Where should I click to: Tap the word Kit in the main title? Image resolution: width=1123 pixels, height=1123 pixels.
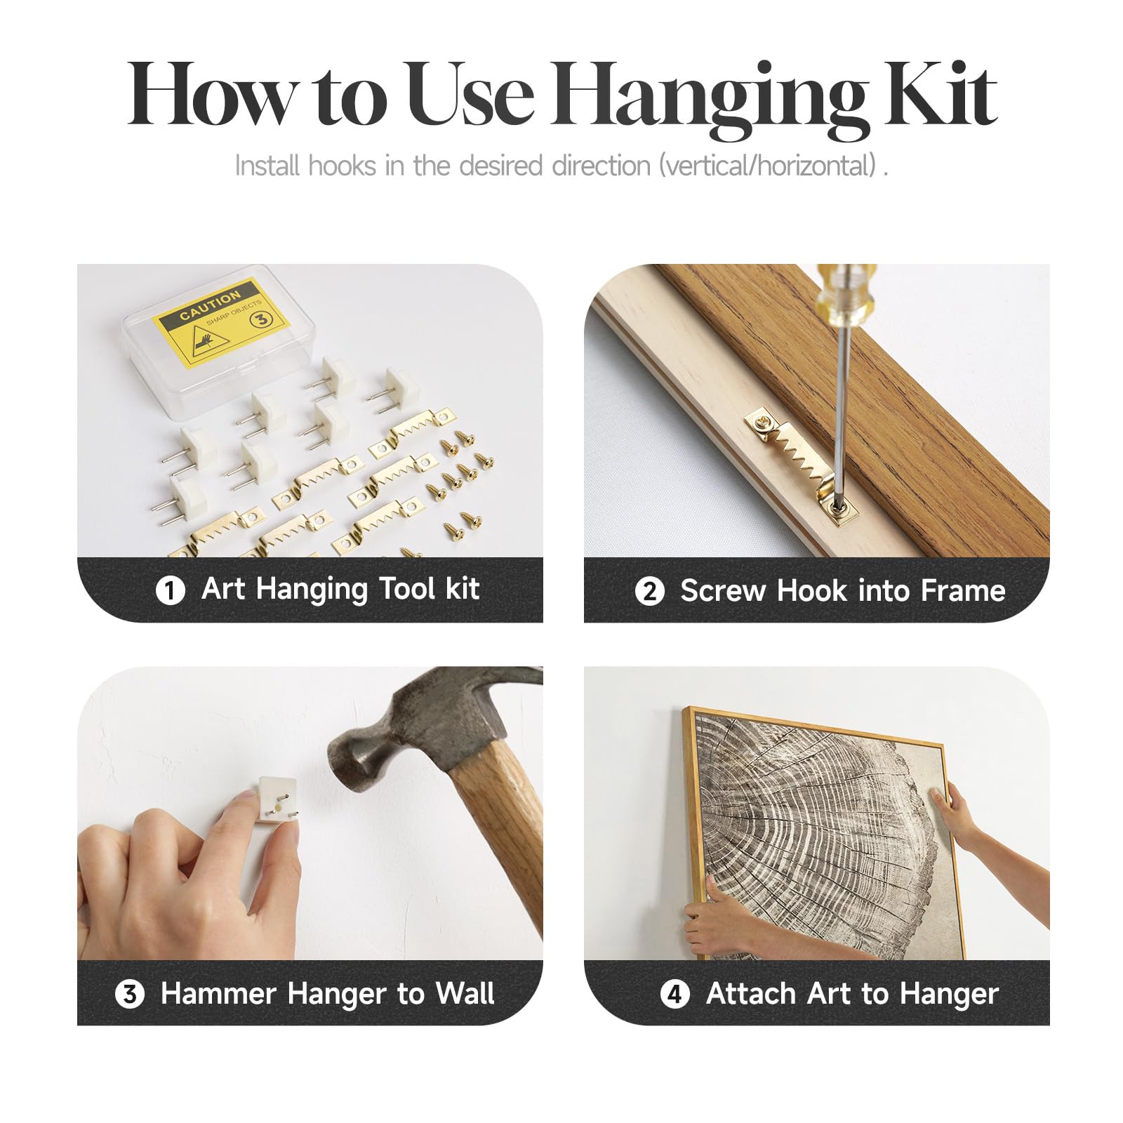(x=941, y=94)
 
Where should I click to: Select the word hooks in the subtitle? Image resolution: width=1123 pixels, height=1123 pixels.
(x=343, y=166)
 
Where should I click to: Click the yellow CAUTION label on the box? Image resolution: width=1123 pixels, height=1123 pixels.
(x=222, y=319)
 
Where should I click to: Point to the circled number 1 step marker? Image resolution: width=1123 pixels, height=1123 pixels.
(x=170, y=590)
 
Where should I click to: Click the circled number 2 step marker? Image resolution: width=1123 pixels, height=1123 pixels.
(x=649, y=591)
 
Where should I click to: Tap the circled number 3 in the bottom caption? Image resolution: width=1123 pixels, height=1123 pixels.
(x=130, y=995)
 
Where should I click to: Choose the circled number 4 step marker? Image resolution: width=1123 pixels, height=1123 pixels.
(x=675, y=995)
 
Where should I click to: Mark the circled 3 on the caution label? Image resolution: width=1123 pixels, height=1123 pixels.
(x=261, y=319)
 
